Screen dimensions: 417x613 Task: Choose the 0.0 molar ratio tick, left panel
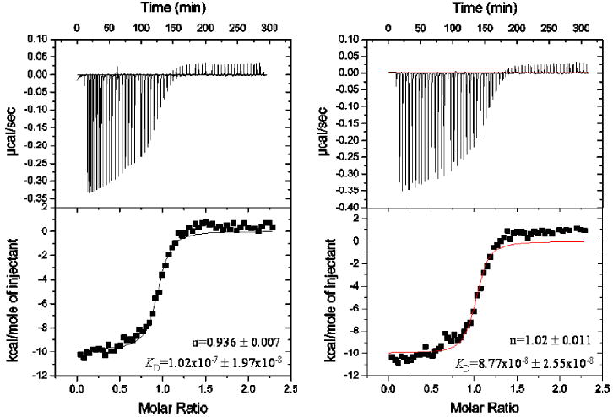click(x=77, y=390)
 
